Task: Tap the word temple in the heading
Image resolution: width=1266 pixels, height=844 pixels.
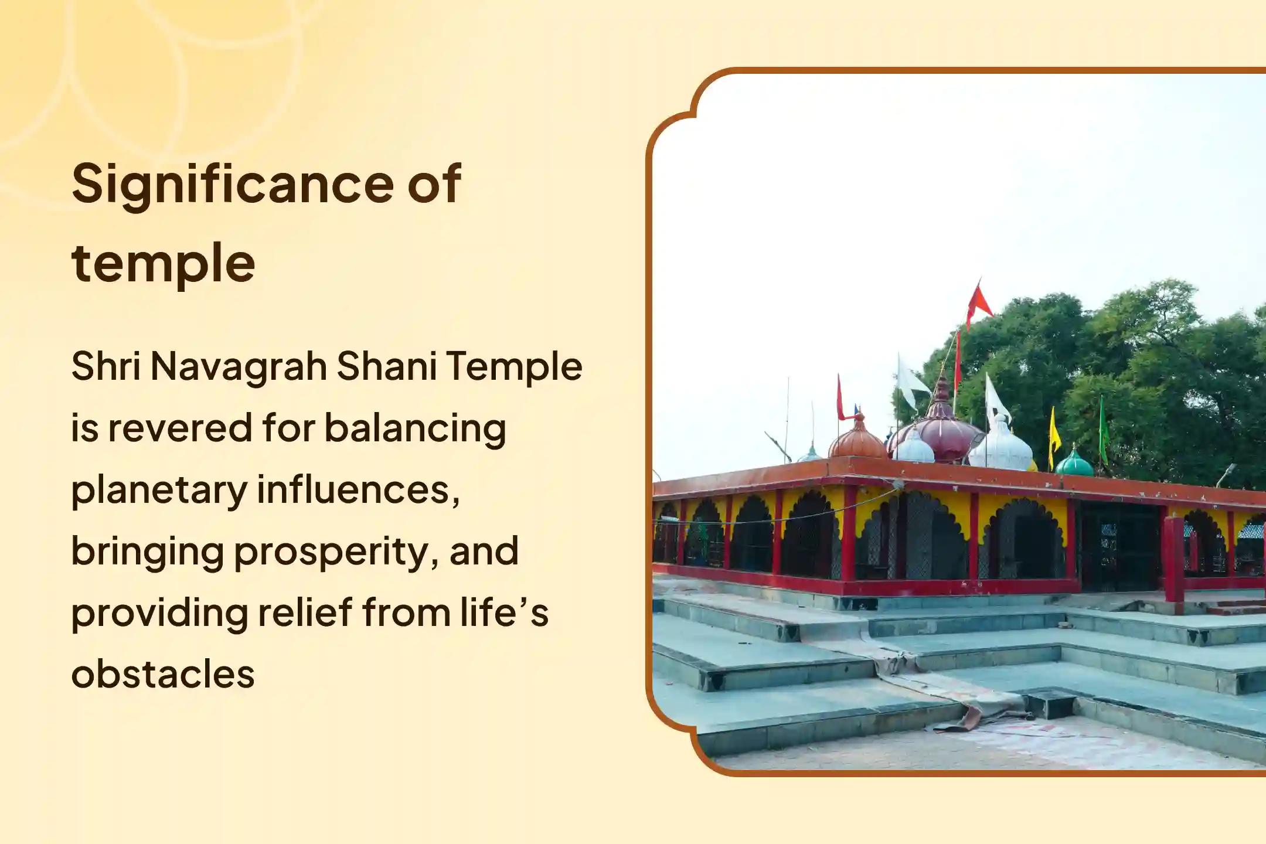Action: tap(163, 264)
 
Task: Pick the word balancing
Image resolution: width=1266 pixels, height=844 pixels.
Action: tap(415, 429)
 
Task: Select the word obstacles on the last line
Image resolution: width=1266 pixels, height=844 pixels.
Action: tap(163, 675)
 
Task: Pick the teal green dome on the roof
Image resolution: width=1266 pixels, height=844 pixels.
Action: tap(1074, 463)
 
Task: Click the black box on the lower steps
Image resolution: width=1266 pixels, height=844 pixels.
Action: tap(1051, 703)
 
